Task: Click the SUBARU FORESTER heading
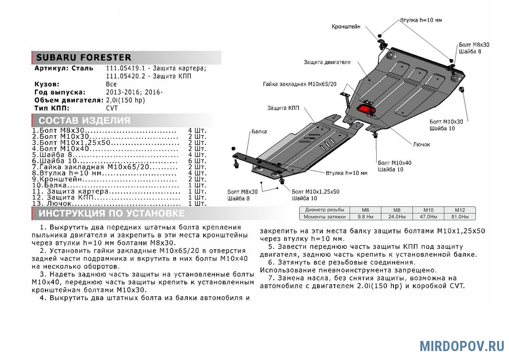(83, 58)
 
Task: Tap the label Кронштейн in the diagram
(346, 27)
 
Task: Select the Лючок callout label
(421, 144)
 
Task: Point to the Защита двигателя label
(327, 62)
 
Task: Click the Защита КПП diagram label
(283, 108)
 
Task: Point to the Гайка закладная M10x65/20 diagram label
(299, 84)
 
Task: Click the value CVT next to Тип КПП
(112, 108)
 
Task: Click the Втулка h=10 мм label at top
(421, 20)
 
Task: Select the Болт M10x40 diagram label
(394, 163)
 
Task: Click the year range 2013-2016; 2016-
(134, 92)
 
